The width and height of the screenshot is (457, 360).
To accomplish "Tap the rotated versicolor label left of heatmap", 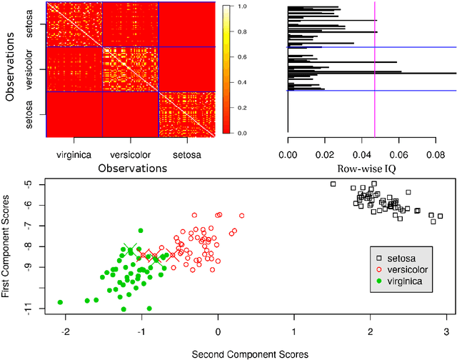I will pos(40,69).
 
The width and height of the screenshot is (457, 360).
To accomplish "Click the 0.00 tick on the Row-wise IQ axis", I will pos(288,154).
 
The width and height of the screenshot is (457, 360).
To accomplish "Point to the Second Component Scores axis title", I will pos(255,353).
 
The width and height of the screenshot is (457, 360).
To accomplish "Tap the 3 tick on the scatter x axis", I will pos(446,331).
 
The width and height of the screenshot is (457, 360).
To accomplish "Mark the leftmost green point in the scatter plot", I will pos(61,302).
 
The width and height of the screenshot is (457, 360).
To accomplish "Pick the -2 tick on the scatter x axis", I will pos(66,331).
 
